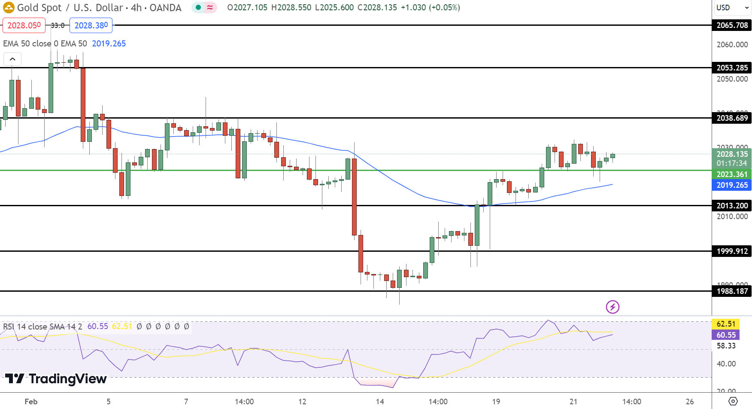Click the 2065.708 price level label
coord(732,25)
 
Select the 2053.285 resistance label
coord(732,68)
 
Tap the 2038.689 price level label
coord(732,118)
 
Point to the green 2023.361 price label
coord(732,174)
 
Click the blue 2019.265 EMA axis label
coord(732,185)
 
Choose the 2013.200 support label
coord(732,206)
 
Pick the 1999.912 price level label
coord(732,251)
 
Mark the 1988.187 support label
coord(732,291)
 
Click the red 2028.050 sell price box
coord(24,25)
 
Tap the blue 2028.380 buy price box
coord(91,25)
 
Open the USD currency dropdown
coord(732,8)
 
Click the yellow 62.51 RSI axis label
coord(726,324)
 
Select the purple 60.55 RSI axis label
coord(726,335)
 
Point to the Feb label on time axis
coord(31,402)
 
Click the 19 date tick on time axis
coord(496,402)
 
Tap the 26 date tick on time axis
coord(690,402)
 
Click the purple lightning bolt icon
coord(613,307)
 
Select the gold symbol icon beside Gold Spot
coord(9,8)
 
